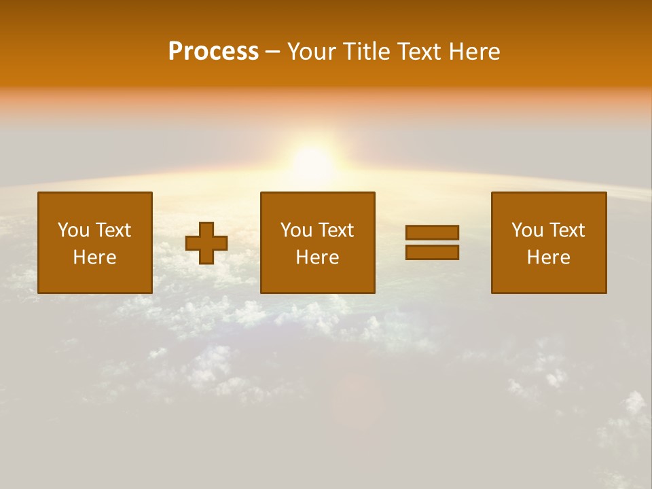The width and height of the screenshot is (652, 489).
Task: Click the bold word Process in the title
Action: (x=213, y=52)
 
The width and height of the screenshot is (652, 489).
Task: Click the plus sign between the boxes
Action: (x=206, y=243)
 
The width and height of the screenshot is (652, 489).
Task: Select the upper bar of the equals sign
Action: (x=432, y=232)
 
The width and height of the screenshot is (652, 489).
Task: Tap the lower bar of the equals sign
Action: (x=432, y=253)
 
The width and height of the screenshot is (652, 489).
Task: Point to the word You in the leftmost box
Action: (x=73, y=230)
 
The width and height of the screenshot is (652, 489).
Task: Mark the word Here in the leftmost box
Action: (x=95, y=257)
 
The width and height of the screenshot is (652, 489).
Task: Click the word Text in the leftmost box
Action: (x=112, y=230)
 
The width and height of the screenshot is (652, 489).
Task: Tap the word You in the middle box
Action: (x=295, y=230)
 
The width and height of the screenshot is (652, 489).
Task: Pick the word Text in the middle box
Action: (x=336, y=230)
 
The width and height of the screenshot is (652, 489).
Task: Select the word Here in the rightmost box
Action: (x=549, y=257)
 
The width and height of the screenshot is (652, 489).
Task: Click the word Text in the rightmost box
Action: (x=566, y=230)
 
